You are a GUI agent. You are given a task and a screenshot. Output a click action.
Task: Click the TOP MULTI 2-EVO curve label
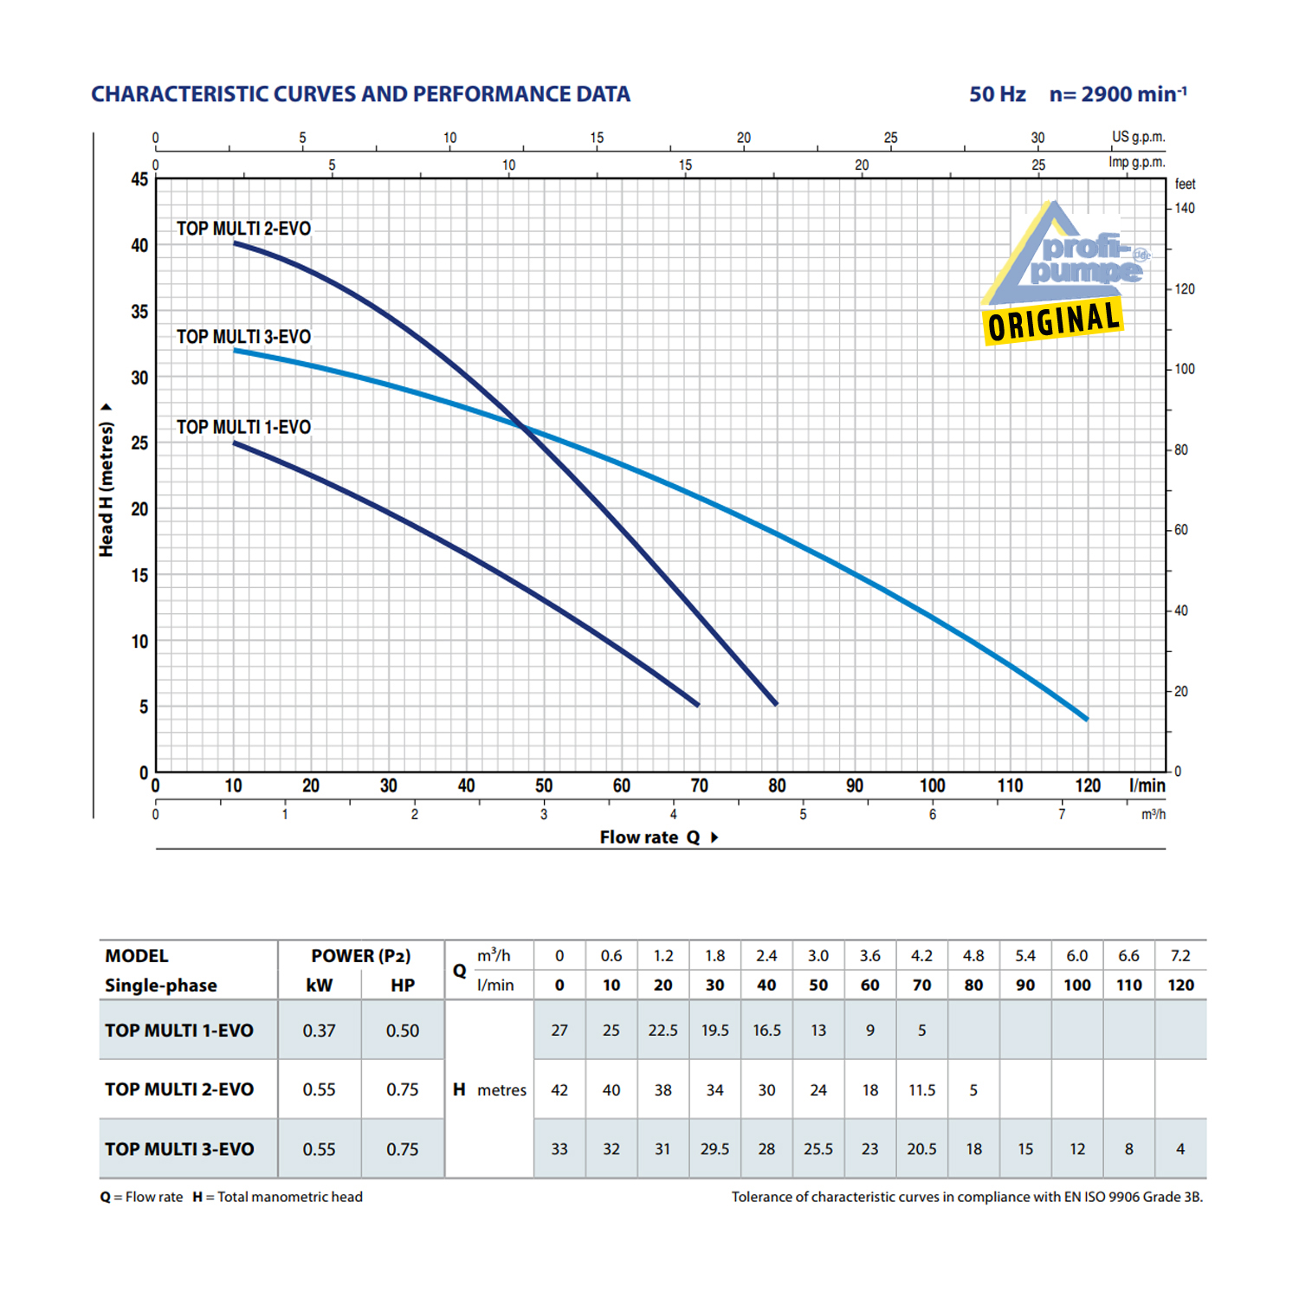[243, 229]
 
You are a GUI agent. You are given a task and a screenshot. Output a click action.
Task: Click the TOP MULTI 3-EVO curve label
[243, 337]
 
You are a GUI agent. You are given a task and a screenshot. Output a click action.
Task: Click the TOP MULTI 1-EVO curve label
[243, 427]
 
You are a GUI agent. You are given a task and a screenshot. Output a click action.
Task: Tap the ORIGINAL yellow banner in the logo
[1053, 322]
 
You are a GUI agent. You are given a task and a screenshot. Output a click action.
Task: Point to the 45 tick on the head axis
[139, 179]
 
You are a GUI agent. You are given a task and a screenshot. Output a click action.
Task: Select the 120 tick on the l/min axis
[1088, 785]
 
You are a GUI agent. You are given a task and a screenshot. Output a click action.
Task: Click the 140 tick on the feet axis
[1185, 209]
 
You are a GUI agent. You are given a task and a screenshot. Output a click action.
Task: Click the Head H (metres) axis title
[106, 489]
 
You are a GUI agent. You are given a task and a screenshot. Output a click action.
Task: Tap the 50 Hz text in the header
[997, 94]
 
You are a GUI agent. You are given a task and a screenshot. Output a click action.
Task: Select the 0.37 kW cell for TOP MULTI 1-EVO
[319, 1031]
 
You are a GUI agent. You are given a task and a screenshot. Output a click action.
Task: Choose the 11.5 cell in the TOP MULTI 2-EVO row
[921, 1090]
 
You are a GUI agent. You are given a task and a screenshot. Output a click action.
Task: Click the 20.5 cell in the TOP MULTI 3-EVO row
[921, 1149]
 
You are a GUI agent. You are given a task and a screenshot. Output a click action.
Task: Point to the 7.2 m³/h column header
[1180, 956]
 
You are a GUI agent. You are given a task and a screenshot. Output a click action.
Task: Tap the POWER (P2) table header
[360, 956]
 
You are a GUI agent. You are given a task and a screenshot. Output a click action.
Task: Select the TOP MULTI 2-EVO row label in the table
[179, 1090]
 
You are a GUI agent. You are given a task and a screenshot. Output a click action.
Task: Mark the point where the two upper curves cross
[523, 426]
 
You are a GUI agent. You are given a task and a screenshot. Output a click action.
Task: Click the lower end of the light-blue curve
[1086, 718]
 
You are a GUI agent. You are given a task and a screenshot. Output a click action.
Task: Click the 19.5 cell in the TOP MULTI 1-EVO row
[714, 1031]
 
